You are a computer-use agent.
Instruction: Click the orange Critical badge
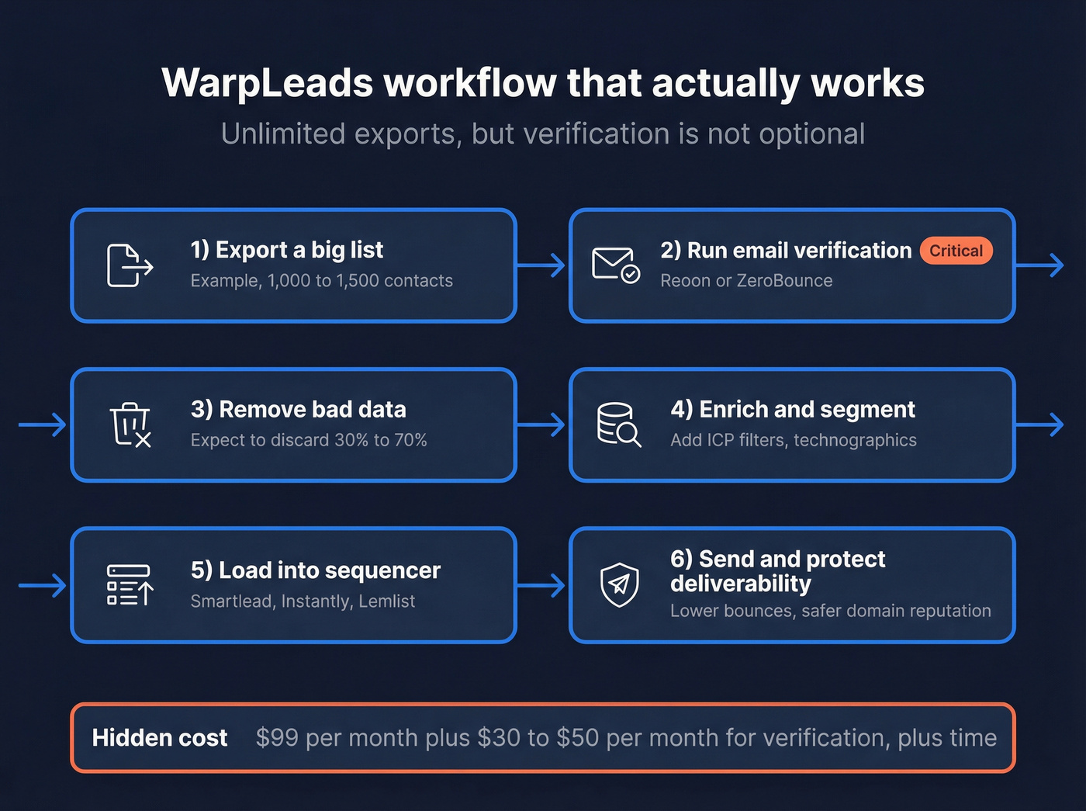pos(956,251)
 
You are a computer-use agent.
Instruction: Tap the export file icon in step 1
pos(129,265)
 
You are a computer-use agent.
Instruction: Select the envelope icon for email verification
pos(615,265)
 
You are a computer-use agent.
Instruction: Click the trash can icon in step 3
pos(130,425)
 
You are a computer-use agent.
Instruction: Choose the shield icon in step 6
pos(619,584)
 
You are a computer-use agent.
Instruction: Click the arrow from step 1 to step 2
pos(541,265)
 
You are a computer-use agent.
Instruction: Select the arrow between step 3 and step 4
pos(541,425)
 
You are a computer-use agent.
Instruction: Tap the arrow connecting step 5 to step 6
pos(541,585)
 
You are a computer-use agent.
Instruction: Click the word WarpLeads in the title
pos(268,83)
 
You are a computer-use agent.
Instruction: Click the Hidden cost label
pos(160,737)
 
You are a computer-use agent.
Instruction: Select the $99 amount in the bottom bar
pos(277,737)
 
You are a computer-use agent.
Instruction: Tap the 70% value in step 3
pos(410,440)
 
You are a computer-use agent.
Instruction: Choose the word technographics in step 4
pos(855,440)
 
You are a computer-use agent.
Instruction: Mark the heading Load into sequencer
pos(316,570)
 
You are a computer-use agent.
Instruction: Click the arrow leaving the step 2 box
pos(1039,265)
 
